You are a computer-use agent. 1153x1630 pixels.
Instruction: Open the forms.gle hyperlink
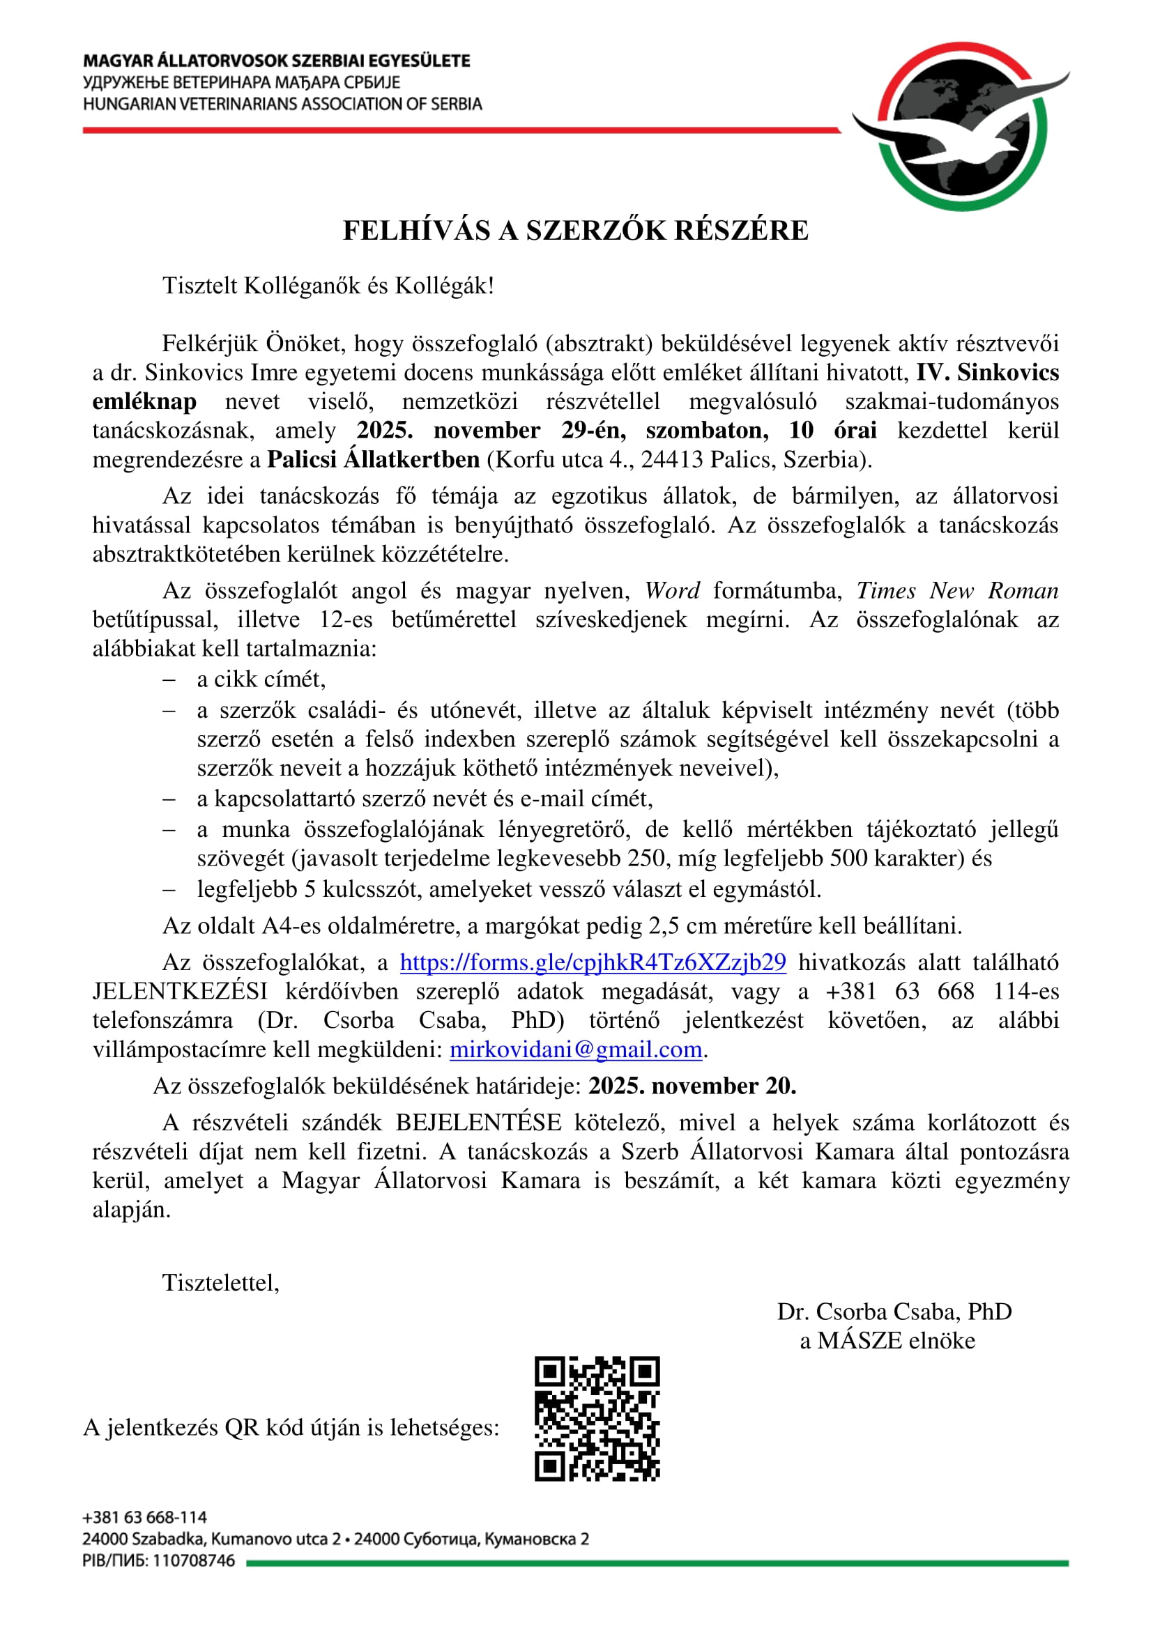pos(593,962)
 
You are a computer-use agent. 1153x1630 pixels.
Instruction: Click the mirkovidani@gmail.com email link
pos(576,1049)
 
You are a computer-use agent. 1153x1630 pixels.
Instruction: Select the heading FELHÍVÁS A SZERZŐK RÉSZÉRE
pos(575,230)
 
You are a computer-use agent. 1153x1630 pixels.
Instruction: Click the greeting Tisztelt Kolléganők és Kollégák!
pos(328,286)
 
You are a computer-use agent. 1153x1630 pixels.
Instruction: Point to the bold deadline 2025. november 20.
pos(692,1086)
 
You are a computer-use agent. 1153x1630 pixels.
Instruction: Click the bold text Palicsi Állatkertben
pos(374,459)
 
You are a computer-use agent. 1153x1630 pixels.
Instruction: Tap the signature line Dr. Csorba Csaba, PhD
pos(894,1312)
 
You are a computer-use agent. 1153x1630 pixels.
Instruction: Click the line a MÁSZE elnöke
pos(887,1340)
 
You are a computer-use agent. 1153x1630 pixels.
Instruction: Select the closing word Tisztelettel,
pos(221,1282)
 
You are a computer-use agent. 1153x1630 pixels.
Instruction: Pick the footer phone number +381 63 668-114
pos(145,1518)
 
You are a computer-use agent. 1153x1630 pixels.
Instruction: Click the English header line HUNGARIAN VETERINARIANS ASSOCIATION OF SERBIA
pos(282,105)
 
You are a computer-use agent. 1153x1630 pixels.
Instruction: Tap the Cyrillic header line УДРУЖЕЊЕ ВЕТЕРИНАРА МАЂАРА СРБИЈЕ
pos(241,82)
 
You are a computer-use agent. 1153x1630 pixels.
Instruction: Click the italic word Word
pos(671,591)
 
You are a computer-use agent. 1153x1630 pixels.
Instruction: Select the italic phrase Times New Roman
pos(957,591)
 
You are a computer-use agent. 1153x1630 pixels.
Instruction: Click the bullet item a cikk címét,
pos(261,679)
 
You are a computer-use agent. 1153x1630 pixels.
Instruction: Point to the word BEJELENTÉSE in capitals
pos(478,1123)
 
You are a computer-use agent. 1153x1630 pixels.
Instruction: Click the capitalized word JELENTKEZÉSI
pos(180,991)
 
